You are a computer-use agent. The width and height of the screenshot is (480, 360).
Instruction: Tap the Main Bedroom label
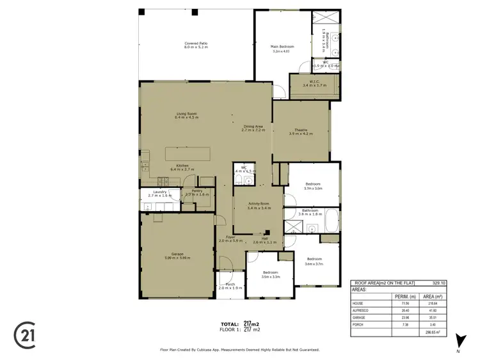[282, 47]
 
